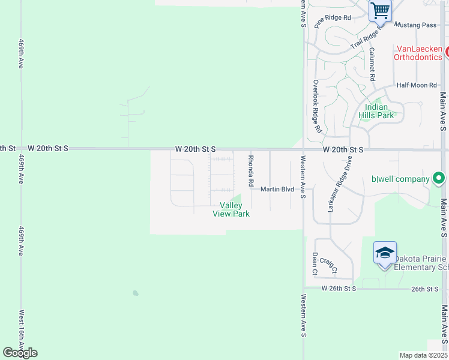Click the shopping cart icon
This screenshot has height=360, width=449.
point(379,10)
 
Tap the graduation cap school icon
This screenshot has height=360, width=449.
point(385,253)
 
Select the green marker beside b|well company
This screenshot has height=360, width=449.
point(439,178)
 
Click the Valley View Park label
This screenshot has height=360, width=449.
point(231,209)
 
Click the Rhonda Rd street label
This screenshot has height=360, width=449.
point(252,170)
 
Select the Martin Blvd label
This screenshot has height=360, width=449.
point(277,190)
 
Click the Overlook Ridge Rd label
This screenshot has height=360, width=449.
point(316,106)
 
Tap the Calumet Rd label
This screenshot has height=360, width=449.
point(372,64)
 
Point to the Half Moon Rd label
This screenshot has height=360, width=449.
point(416,86)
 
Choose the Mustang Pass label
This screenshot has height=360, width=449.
point(415,25)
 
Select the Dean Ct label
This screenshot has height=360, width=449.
point(315,263)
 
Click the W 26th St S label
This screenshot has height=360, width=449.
point(339,289)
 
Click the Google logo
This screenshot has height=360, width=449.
point(20,353)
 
